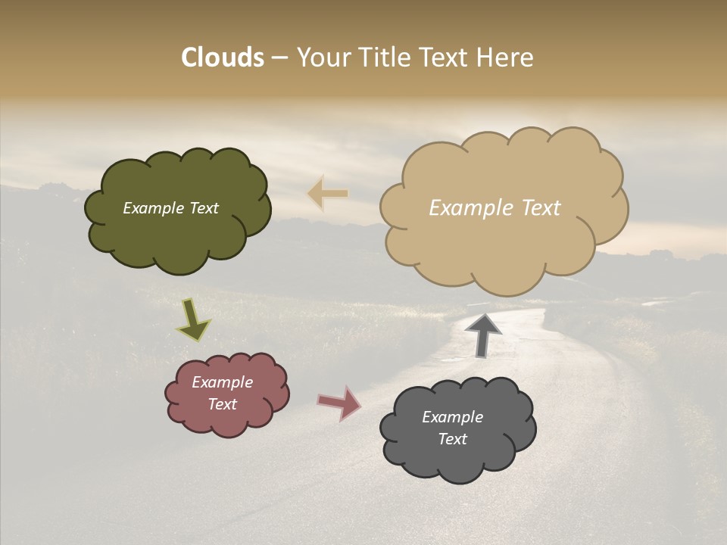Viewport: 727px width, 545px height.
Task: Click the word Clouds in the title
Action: pos(223,58)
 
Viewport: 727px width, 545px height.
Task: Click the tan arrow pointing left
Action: pos(328,194)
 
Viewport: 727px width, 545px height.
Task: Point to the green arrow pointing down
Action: pos(192,320)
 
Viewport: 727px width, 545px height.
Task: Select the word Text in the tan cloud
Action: pos(541,208)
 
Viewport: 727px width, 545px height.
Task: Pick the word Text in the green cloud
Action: pos(204,208)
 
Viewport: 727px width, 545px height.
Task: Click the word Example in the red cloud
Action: pos(223,382)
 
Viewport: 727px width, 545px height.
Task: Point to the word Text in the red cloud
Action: pos(223,404)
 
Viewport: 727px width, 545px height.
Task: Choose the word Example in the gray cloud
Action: pos(452,417)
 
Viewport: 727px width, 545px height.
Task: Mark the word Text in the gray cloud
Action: pos(452,439)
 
